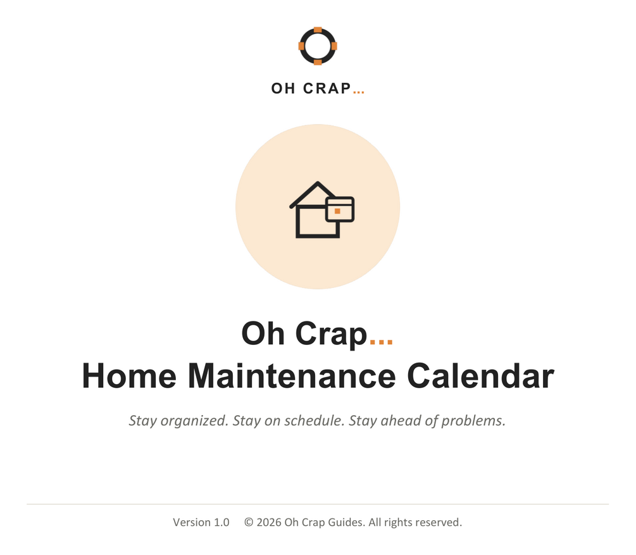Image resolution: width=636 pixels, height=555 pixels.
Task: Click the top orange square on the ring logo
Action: (318, 30)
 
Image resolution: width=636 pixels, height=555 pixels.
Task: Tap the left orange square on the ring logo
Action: (301, 46)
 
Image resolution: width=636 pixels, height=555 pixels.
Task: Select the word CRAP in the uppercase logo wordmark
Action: (327, 89)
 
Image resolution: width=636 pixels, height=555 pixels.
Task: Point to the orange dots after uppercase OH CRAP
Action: (359, 92)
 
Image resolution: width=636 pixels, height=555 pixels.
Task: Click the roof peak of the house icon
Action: (318, 183)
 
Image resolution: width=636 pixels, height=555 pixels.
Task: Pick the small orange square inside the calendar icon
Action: (337, 211)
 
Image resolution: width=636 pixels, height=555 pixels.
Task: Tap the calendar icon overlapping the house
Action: (340, 209)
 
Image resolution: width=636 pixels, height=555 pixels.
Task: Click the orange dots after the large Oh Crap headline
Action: (381, 342)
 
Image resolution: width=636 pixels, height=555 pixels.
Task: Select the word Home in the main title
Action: (129, 376)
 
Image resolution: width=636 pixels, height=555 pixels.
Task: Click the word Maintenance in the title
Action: (292, 376)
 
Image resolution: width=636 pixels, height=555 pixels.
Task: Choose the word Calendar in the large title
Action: (480, 376)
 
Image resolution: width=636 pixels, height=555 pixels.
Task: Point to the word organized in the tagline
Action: (194, 421)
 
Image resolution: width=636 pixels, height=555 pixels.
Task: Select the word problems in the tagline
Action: (473, 421)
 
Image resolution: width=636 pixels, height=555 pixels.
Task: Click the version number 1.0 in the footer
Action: (221, 522)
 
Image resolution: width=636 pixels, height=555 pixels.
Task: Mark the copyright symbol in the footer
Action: (249, 522)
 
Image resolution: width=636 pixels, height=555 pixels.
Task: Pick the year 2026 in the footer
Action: (269, 522)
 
